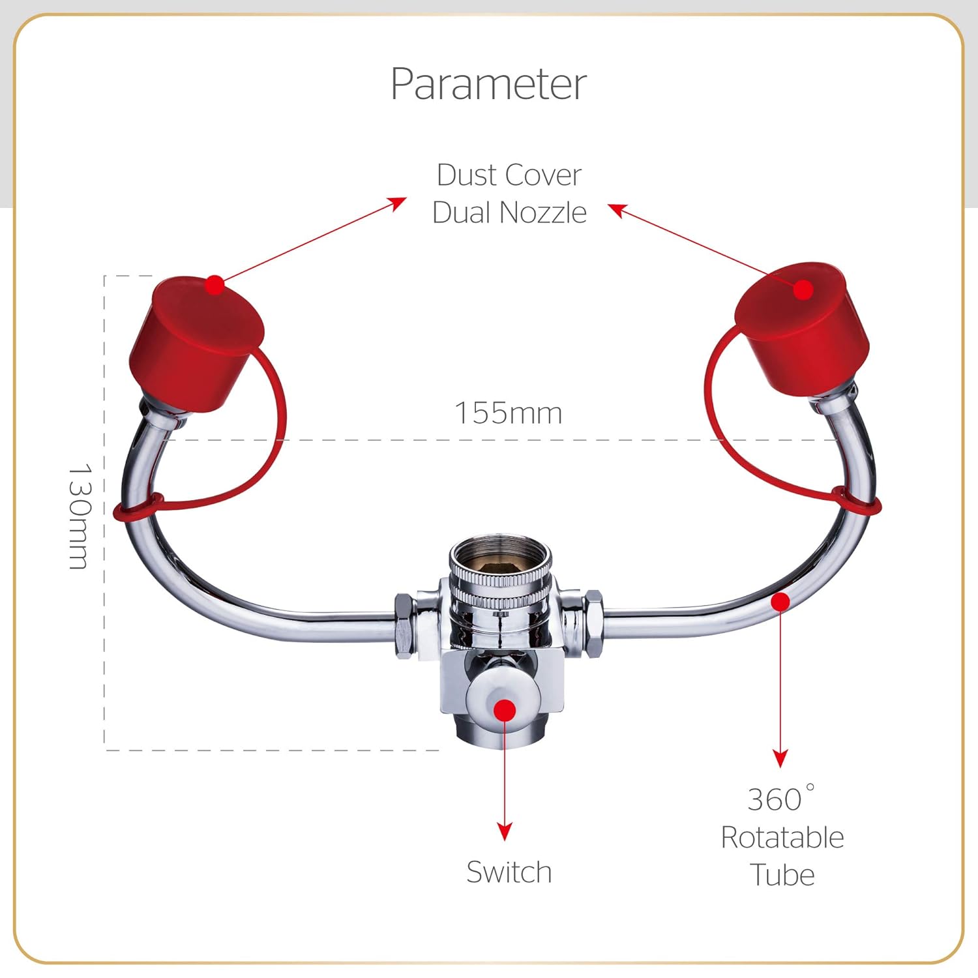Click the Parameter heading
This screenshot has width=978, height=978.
coord(488,84)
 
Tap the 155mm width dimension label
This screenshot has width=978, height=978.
coord(508,413)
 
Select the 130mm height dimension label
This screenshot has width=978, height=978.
coord(80,516)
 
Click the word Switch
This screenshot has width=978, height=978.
coord(509,872)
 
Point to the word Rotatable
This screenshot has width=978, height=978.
coord(782,837)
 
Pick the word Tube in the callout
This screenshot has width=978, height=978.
coord(782,875)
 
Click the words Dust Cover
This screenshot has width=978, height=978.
coord(509,175)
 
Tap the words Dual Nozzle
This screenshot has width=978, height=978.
coord(509,213)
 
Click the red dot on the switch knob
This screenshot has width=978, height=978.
coord(505,710)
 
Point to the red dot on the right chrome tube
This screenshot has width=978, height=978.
coord(780,602)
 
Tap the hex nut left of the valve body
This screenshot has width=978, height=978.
coord(404,627)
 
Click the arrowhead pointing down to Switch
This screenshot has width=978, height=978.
coord(505,831)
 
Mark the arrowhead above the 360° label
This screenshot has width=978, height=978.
coord(780,758)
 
